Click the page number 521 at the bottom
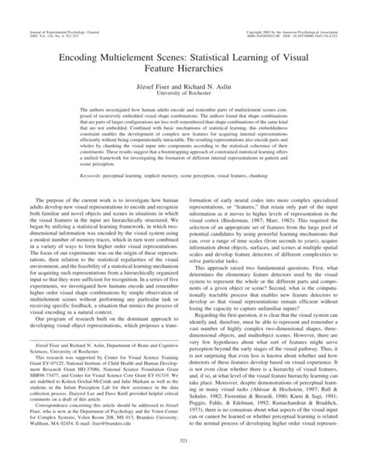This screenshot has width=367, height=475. click(x=183, y=463)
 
